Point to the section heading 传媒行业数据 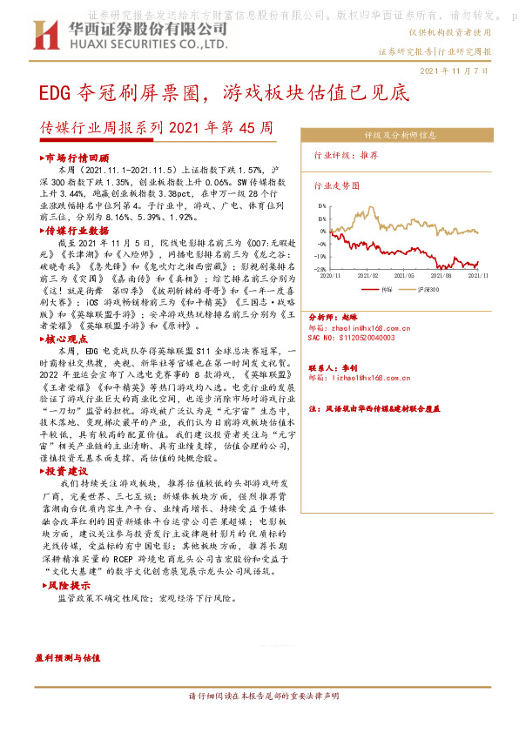[77, 231]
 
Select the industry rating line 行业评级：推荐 [346, 154]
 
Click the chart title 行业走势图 [335, 185]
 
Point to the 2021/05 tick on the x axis [401, 274]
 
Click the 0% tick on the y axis [322, 232]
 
